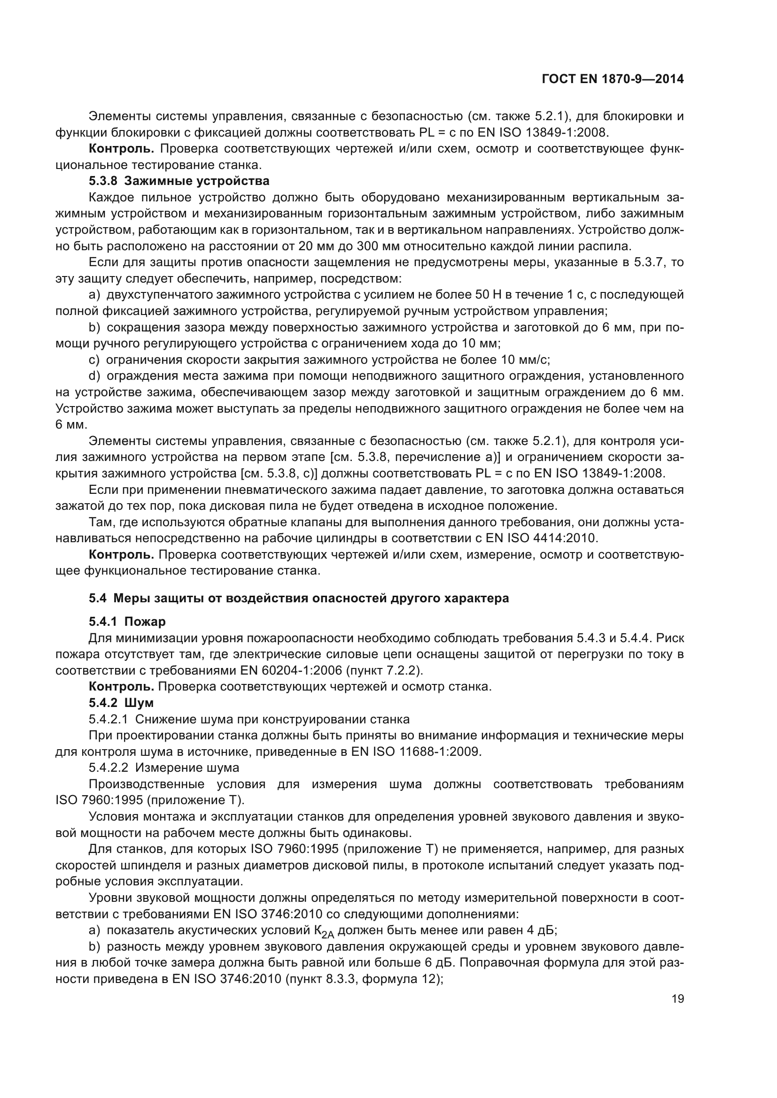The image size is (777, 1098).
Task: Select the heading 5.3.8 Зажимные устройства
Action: click(179, 181)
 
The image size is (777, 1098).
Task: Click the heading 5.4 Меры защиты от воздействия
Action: click(299, 598)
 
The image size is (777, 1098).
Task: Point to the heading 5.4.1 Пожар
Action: click(127, 622)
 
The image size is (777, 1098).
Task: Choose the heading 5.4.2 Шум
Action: click(121, 703)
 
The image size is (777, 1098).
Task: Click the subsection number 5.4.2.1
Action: click(108, 719)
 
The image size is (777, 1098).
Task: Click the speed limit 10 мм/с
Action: click(525, 360)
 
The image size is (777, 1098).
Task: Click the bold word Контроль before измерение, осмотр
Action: click(122, 555)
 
